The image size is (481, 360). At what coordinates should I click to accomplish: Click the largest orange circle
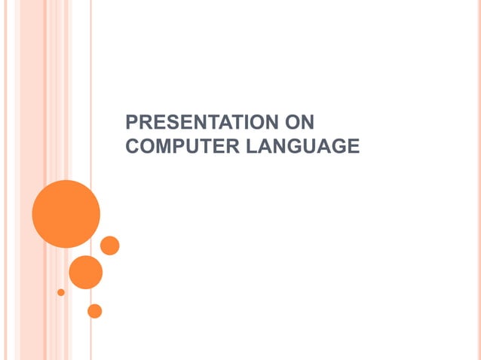(x=66, y=213)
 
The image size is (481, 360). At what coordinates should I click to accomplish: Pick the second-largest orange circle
(x=85, y=272)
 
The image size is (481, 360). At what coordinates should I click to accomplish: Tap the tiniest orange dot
(x=61, y=291)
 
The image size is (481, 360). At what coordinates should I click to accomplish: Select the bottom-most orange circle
(x=94, y=310)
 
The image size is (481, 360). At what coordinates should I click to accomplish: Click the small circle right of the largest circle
(x=109, y=246)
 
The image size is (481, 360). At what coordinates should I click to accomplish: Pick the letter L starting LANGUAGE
(x=251, y=146)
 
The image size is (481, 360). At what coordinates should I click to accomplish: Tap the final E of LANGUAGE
(x=353, y=146)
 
